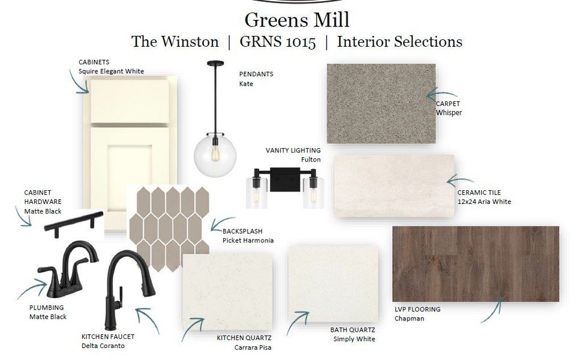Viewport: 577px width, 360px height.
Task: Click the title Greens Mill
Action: (x=297, y=19)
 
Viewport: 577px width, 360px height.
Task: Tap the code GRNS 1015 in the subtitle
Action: (x=277, y=42)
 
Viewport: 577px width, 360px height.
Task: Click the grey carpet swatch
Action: (x=381, y=103)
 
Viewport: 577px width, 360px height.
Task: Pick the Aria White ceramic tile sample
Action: (x=393, y=185)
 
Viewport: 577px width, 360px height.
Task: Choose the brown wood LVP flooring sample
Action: (x=475, y=263)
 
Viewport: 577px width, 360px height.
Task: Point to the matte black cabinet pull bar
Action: (x=71, y=223)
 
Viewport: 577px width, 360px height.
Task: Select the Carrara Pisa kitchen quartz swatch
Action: (x=227, y=290)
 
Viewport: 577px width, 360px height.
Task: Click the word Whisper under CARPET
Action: (x=449, y=113)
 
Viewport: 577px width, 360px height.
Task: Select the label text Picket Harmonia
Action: (x=248, y=241)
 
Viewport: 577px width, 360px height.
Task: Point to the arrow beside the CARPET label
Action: (x=441, y=94)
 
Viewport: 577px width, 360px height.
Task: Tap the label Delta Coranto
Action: (x=104, y=346)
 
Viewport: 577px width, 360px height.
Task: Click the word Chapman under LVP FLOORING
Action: (x=409, y=319)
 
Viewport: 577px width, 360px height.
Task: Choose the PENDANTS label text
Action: (x=256, y=74)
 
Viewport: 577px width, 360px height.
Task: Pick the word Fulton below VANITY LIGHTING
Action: (x=311, y=160)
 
